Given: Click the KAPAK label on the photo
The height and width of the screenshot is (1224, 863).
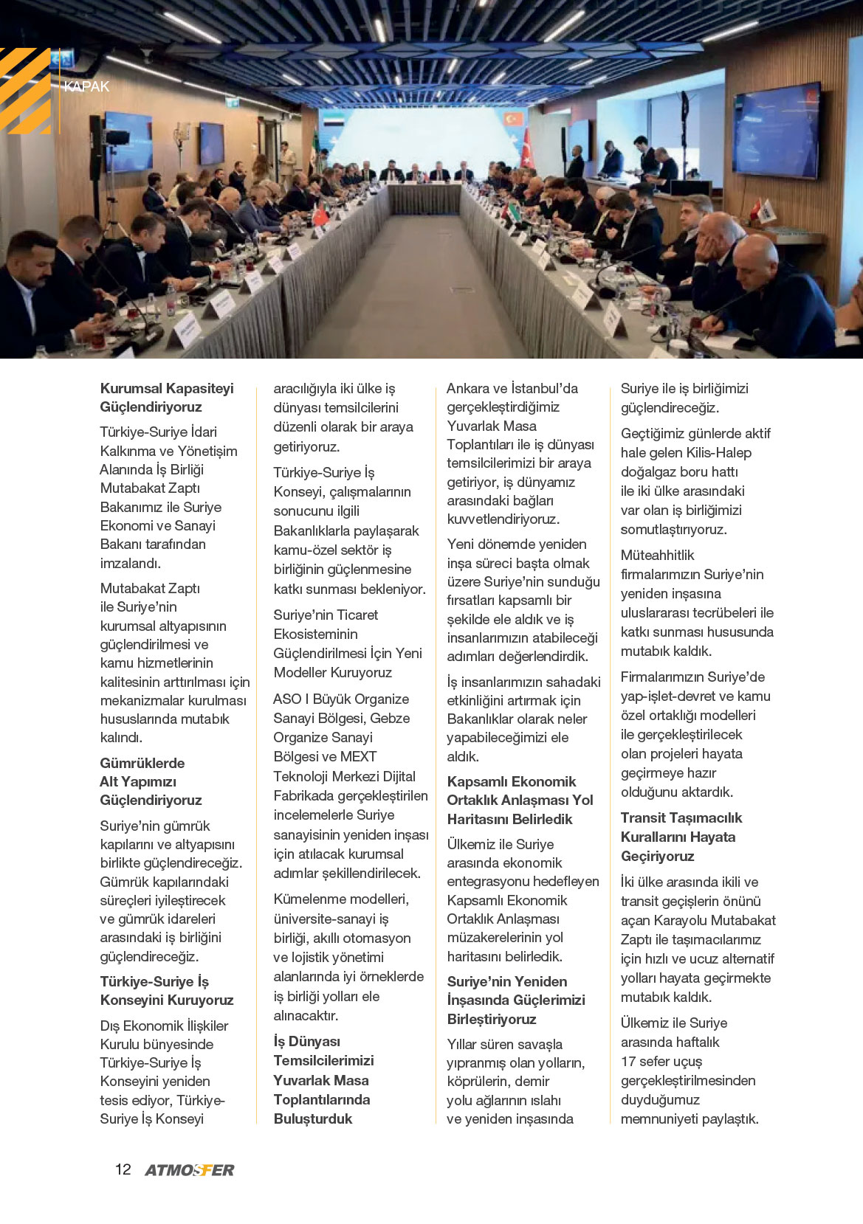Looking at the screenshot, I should pos(86,86).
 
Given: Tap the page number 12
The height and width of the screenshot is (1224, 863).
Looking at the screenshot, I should pos(123,1169).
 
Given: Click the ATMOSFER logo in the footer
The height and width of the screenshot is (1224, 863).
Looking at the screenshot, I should pos(190,1169).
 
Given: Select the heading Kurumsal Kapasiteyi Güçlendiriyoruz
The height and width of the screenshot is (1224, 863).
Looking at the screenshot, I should pos(167,398).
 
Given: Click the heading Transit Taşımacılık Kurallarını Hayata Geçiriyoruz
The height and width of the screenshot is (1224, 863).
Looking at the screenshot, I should pos(681,837).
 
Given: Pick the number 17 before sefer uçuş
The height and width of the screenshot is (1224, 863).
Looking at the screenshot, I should pos(628,1061).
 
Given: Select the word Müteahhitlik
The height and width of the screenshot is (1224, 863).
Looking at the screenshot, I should pos(657,555).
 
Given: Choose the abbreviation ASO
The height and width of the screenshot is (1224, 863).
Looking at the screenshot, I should pos(286,699).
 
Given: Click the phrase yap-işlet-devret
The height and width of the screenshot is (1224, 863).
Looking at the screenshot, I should pos(670,696).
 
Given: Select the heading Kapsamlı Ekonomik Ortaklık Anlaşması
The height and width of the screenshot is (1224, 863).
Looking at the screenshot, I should pos(520,800).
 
